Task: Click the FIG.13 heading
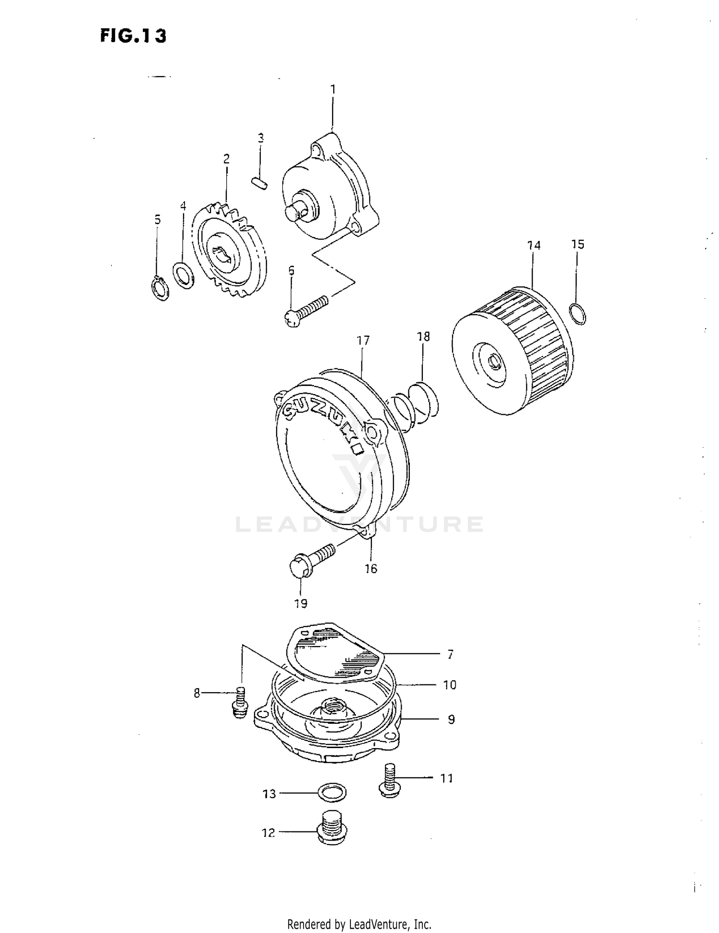[x=133, y=36]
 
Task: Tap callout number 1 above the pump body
[x=333, y=90]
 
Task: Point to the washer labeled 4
[x=183, y=275]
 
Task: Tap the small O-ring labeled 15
[x=578, y=314]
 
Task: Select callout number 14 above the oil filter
[x=533, y=246]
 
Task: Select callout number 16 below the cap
[x=371, y=569]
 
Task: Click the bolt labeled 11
[x=389, y=781]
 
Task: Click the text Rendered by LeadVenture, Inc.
[x=359, y=923]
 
